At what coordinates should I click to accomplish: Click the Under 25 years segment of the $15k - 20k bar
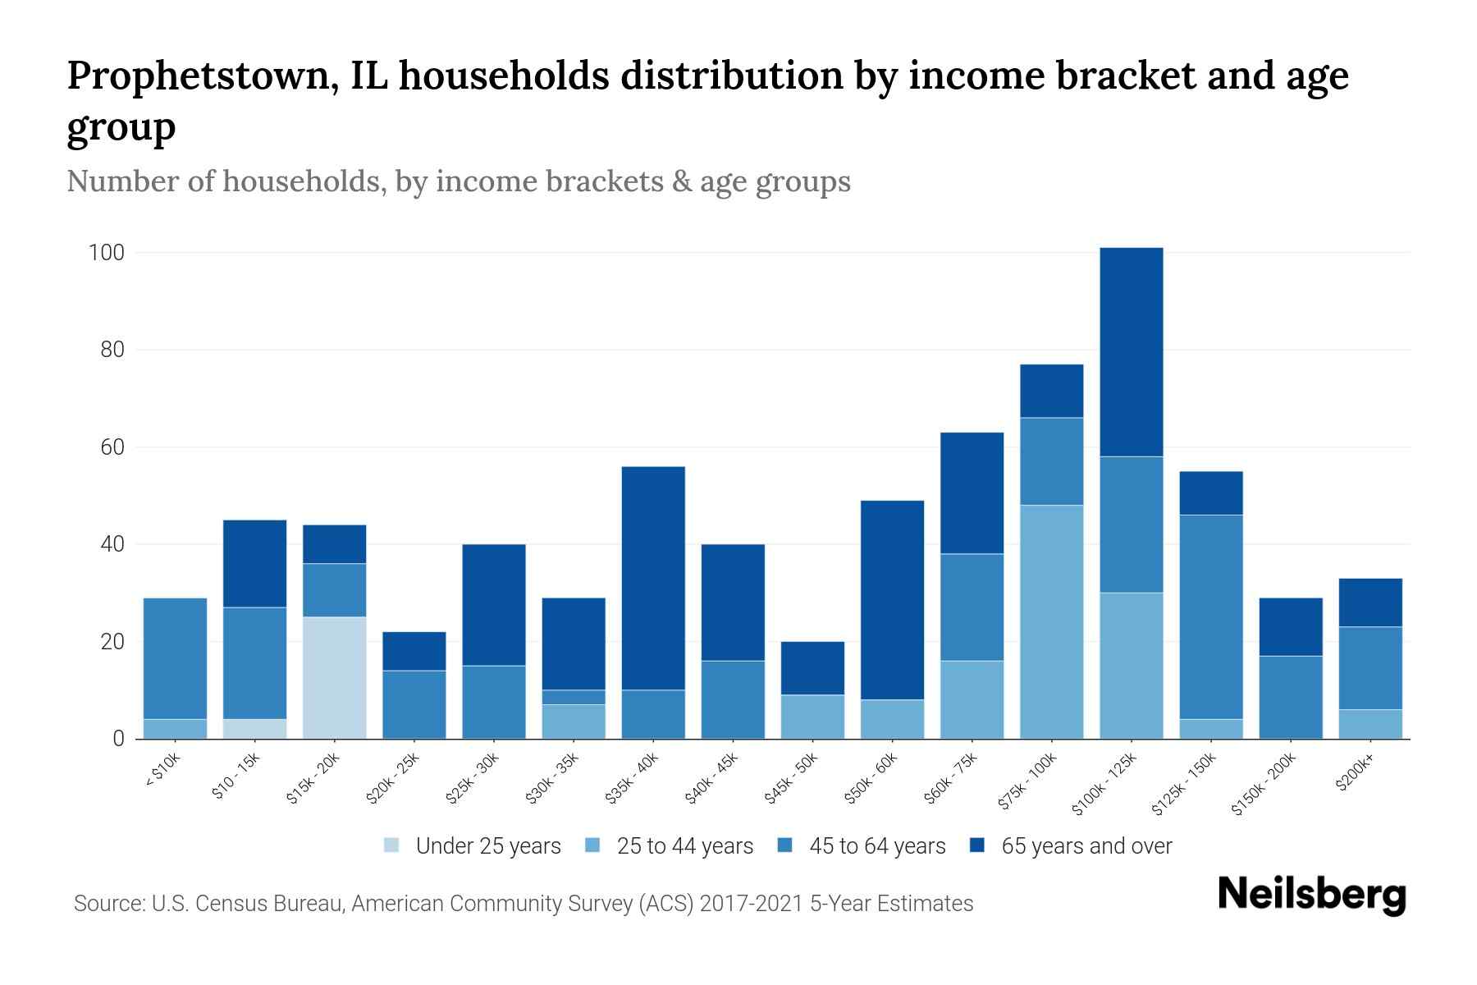click(334, 678)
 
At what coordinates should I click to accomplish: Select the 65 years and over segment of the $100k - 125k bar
click(1131, 352)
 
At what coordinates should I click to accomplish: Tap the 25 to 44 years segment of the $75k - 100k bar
click(1051, 621)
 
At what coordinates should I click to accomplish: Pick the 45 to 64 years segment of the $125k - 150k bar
click(1210, 616)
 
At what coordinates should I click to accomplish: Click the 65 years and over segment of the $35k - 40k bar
click(653, 578)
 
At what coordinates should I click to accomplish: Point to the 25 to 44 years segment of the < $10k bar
click(175, 729)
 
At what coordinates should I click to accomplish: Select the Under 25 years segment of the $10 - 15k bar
click(254, 729)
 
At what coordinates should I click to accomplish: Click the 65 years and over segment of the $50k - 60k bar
click(892, 600)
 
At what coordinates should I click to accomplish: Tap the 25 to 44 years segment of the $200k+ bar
click(1370, 724)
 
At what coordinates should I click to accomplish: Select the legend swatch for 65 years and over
click(977, 845)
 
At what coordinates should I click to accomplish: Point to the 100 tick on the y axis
click(106, 253)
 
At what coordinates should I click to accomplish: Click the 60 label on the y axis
click(112, 447)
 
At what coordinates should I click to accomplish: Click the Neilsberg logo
click(1310, 895)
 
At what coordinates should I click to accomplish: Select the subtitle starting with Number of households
click(458, 181)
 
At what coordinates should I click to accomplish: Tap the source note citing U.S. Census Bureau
click(523, 904)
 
